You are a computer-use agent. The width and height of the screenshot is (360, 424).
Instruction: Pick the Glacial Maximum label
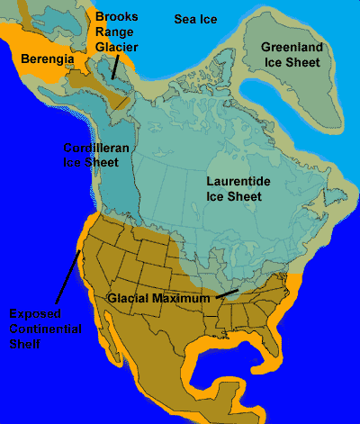[157, 297]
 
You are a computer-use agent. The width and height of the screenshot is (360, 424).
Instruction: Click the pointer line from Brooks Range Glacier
[113, 66]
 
